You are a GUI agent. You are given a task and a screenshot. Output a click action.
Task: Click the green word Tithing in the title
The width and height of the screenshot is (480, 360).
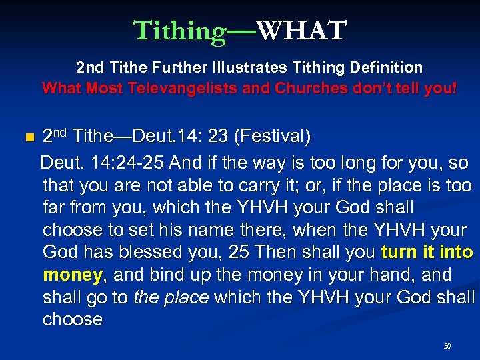point(180,31)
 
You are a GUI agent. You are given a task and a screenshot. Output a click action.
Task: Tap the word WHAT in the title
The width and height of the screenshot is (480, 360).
point(301,31)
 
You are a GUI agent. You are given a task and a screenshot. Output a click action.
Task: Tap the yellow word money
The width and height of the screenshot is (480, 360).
point(72,274)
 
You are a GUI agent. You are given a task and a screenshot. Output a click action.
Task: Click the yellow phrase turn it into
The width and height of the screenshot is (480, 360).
point(427,252)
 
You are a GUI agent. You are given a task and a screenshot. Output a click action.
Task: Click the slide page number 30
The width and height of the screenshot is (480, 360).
point(447,346)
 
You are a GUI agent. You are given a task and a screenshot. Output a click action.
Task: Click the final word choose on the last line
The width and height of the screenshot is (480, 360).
point(73,319)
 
